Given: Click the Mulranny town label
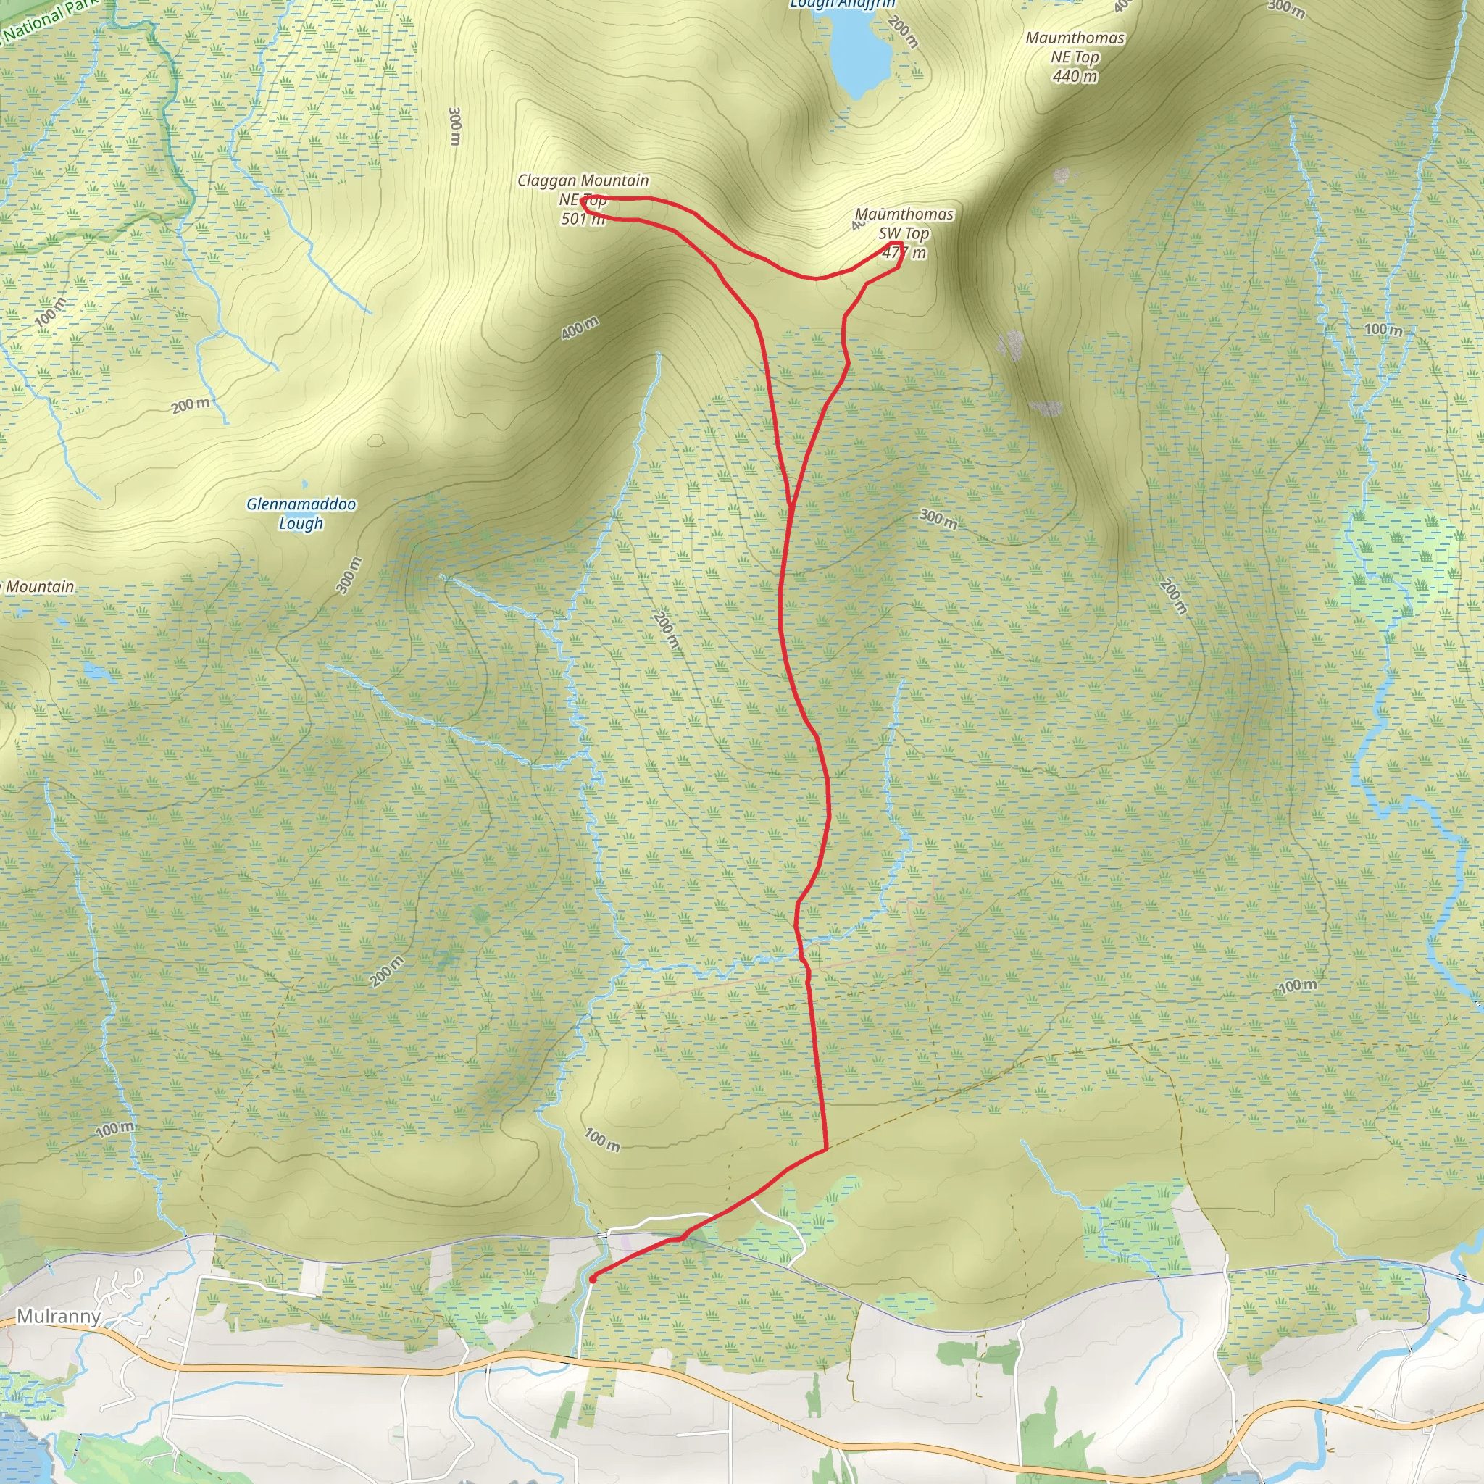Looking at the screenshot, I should pos(59,1317).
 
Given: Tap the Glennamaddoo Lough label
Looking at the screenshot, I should pos(301,513).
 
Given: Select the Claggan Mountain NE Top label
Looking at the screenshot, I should pos(583,189).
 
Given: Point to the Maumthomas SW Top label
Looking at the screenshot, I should pos(904,223).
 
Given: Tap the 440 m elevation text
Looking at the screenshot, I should pos(1075,76).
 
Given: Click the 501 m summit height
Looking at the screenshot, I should pos(583,220).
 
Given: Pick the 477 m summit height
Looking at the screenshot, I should pos(904,253).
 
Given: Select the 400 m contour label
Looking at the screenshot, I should pos(579,328).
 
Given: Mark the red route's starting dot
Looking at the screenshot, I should pos(593,1279).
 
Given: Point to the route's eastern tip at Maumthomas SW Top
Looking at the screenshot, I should pos(899,246).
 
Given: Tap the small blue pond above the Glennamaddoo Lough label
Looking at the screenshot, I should pos(304,484).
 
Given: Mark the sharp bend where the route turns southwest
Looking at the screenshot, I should pos(826,1149).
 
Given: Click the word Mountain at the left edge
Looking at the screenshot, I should pos(40,587).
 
